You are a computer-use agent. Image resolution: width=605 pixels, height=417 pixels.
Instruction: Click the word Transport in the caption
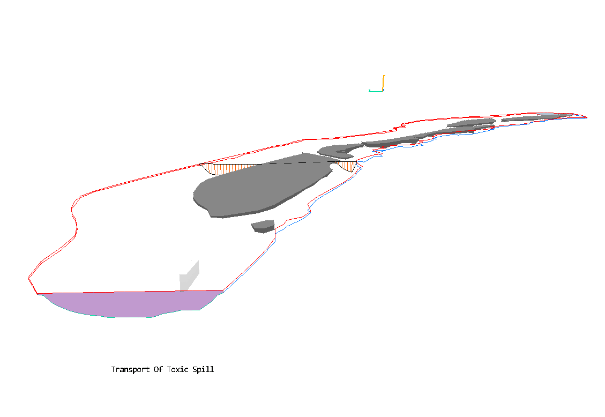(x=130, y=369)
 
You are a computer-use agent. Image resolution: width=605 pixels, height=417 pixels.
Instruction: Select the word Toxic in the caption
(x=177, y=369)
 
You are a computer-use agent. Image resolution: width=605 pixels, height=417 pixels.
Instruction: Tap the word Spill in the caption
(x=203, y=369)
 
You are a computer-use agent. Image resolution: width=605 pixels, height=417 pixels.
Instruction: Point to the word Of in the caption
(x=158, y=369)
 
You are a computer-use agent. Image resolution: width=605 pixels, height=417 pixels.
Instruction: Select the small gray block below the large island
(x=263, y=226)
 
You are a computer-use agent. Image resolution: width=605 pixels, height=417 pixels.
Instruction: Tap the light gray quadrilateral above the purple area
(x=189, y=276)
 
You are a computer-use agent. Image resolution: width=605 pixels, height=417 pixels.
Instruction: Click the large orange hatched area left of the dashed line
(x=228, y=169)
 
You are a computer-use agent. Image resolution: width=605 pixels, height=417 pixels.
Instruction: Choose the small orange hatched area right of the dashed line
(x=348, y=166)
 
